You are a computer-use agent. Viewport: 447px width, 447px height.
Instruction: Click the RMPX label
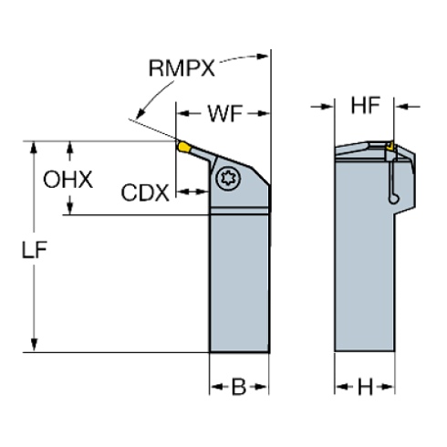pos(182,68)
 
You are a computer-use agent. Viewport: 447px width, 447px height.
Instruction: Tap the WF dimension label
pos(225,114)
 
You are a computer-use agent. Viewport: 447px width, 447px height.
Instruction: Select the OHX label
pos(68,180)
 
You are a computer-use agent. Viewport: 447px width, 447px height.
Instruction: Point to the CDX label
pos(145,192)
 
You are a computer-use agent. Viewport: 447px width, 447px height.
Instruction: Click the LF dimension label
pos(35,250)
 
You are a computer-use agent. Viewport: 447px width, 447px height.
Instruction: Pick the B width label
pos(239,387)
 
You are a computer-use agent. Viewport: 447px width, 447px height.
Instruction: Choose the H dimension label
pos(365,387)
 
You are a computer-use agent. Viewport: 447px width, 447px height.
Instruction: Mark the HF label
pos(366,106)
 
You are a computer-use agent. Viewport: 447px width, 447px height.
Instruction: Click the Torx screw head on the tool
pos(228,179)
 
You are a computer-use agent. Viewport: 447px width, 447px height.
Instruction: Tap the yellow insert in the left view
pos(183,147)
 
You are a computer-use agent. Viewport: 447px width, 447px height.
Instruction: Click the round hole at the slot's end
pos(394,199)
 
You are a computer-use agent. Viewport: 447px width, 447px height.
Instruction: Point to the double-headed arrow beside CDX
pos(192,192)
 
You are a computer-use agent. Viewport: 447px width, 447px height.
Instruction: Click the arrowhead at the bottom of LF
pos(34,344)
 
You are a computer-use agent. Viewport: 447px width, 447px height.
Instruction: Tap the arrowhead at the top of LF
pos(34,149)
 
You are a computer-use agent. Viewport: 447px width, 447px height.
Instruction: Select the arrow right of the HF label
pos(408,107)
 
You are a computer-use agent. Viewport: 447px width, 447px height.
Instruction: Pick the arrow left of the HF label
pos(322,107)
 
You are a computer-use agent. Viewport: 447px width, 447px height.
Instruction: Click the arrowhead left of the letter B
pos(217,387)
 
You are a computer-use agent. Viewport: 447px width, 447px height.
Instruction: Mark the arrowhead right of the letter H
pos(387,387)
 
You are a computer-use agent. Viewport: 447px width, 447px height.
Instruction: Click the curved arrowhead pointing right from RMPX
pos(262,57)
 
